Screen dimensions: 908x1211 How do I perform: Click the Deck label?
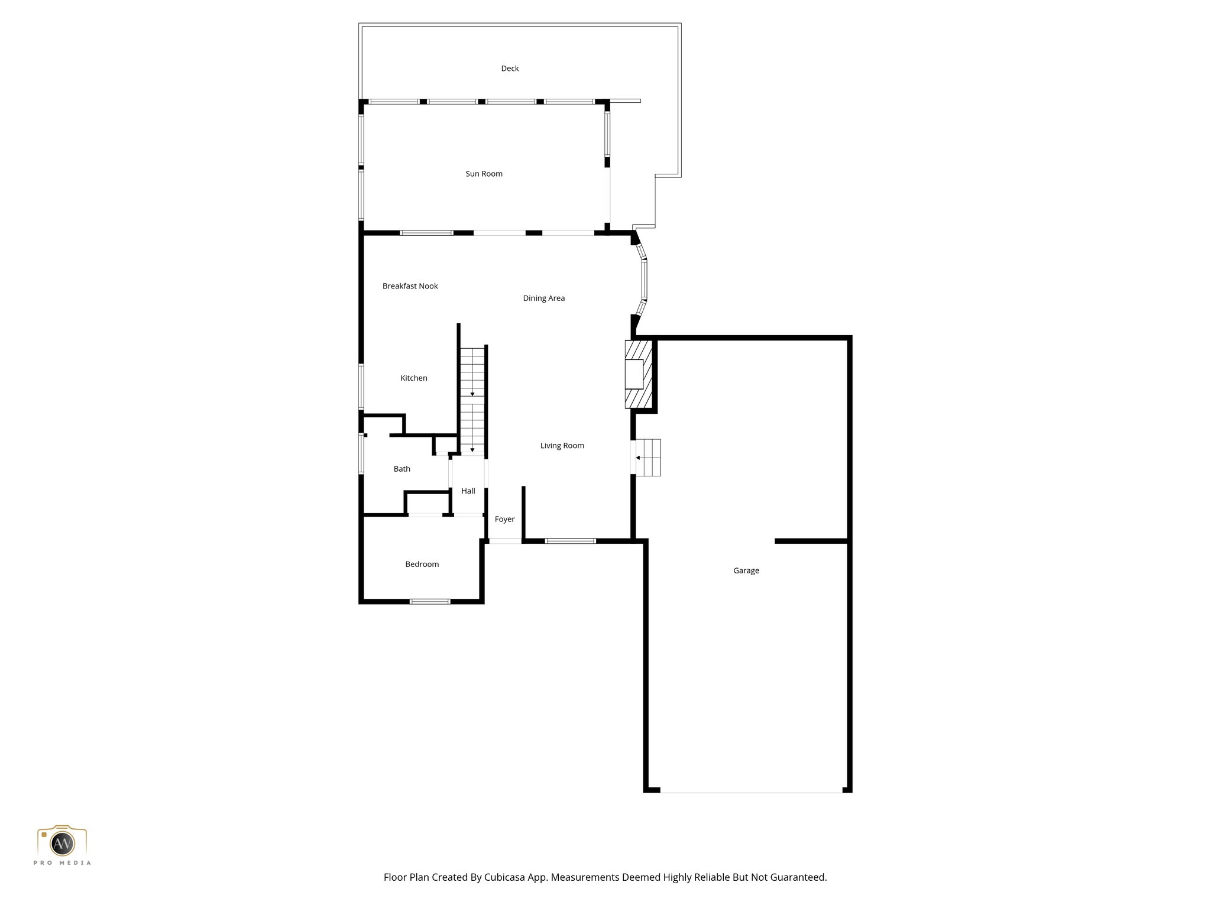pyautogui.click(x=510, y=69)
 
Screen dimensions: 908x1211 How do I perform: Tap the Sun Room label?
pyautogui.click(x=484, y=174)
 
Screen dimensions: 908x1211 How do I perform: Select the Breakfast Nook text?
pyautogui.click(x=410, y=286)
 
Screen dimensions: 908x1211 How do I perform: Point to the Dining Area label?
pyautogui.click(x=543, y=299)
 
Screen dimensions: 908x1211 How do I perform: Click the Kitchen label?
pyautogui.click(x=413, y=378)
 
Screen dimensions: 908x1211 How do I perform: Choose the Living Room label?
pyautogui.click(x=562, y=446)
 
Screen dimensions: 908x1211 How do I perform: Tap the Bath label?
pyautogui.click(x=401, y=469)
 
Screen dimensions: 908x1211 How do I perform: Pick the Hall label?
pyautogui.click(x=468, y=491)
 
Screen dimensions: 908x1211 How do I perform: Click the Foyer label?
pyautogui.click(x=504, y=519)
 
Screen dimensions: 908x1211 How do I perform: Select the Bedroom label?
pyautogui.click(x=422, y=565)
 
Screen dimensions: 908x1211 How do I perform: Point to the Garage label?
pyautogui.click(x=746, y=570)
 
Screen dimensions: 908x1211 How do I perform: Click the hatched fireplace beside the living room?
pyautogui.click(x=638, y=374)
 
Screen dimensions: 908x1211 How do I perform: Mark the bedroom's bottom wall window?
pyautogui.click(x=430, y=602)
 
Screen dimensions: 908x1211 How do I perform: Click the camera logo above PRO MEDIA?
pyautogui.click(x=62, y=841)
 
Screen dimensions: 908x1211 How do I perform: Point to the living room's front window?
pyautogui.click(x=570, y=541)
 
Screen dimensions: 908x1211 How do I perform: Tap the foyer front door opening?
pyautogui.click(x=505, y=541)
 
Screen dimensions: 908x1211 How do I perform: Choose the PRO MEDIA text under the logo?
pyautogui.click(x=62, y=863)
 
